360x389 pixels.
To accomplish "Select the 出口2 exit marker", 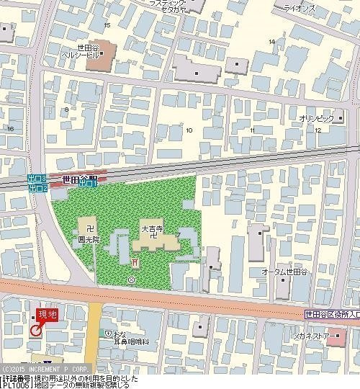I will pyautogui.click(x=38, y=188).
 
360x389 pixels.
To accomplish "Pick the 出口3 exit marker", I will pyautogui.click(x=38, y=178).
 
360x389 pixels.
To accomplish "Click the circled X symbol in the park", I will pyautogui.click(x=130, y=279).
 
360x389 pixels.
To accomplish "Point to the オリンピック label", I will pyautogui.click(x=316, y=117).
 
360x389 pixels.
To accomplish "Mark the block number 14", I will pyautogui.click(x=271, y=41).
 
